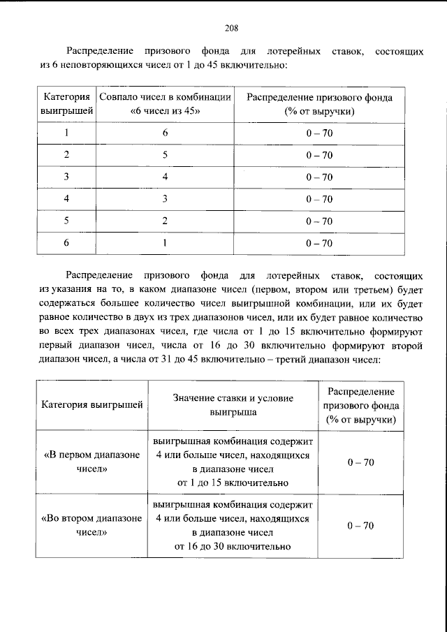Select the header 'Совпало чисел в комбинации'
coord(165,98)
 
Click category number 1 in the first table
coord(66,133)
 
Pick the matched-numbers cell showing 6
coord(165,133)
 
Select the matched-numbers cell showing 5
coord(165,154)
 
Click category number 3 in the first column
coord(66,177)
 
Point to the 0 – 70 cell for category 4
coord(318,199)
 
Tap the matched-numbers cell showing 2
coord(165,221)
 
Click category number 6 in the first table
coord(66,243)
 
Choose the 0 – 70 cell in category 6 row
coord(318,243)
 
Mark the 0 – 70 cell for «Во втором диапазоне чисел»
coord(360,525)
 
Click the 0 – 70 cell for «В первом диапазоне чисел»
coord(360,462)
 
